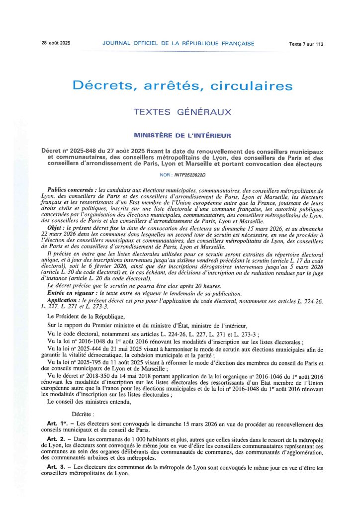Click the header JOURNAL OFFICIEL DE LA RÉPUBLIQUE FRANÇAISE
(x=178, y=44)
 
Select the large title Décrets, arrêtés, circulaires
(x=182, y=85)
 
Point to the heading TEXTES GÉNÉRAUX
(x=182, y=112)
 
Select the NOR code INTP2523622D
(x=189, y=175)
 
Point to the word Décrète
(x=83, y=414)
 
